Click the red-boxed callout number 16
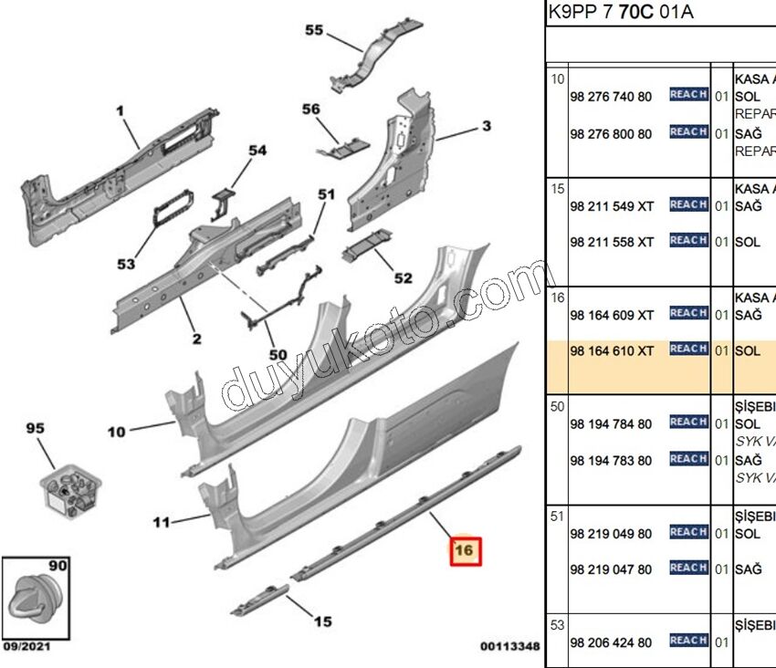pos(464,550)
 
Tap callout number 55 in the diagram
pos(314,30)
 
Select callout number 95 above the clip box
pos(35,428)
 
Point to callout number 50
pos(278,355)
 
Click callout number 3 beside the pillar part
pos(487,125)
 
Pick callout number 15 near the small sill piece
pos(323,621)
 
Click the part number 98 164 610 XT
pos(612,351)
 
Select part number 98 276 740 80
pos(610,97)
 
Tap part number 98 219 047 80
pos(610,569)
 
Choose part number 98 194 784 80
pos(610,423)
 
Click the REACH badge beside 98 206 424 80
pos(688,642)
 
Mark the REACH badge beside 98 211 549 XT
pos(688,205)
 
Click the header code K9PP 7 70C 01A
pos(620,13)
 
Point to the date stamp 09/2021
pos(24,647)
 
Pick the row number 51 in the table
pos(557,517)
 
